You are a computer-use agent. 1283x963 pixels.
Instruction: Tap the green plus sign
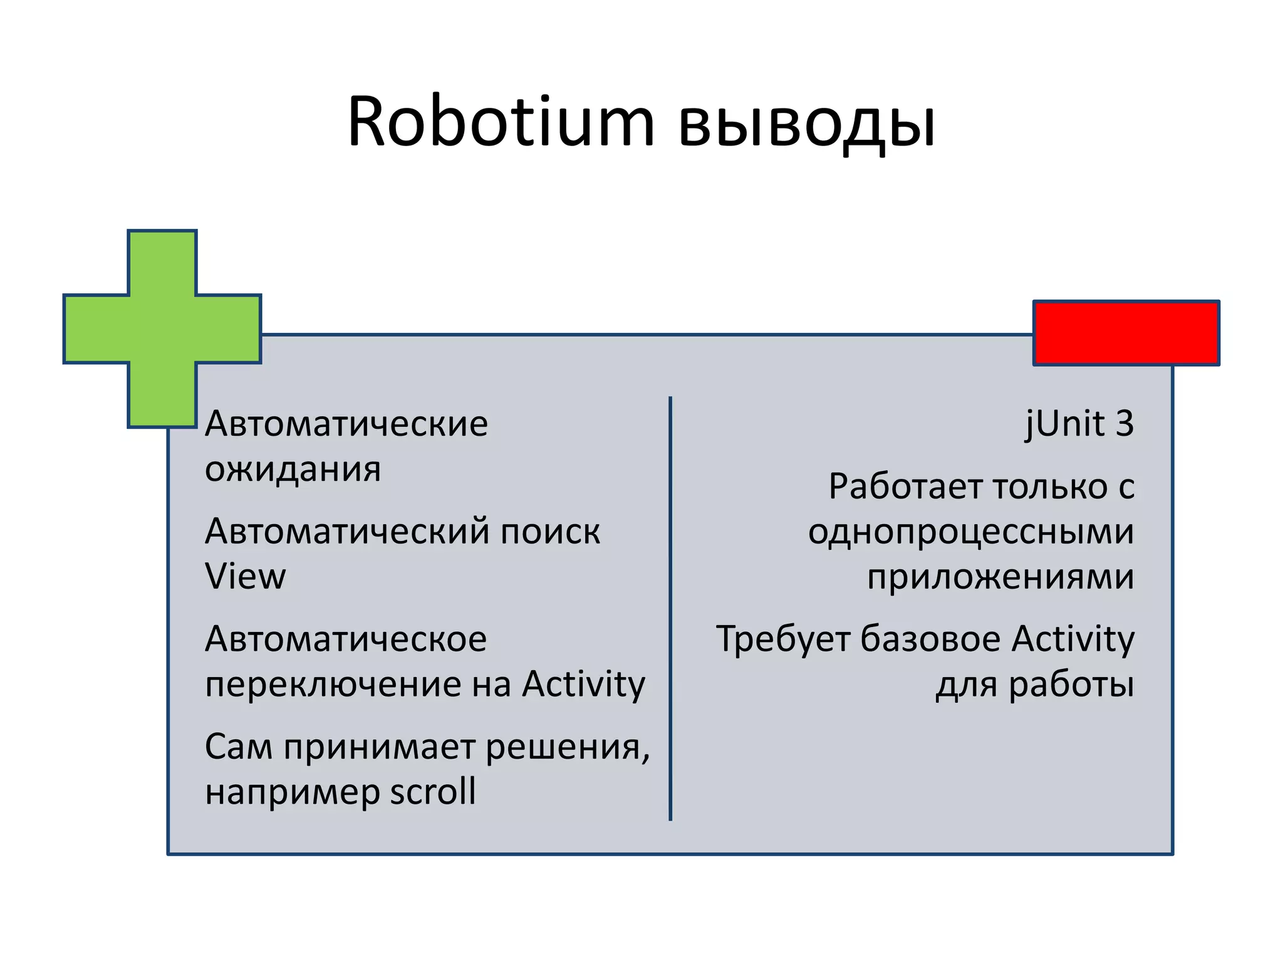(162, 329)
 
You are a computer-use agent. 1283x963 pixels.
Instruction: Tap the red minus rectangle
(1126, 333)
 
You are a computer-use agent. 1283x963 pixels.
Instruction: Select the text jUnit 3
(1079, 424)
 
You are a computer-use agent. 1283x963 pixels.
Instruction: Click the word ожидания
(293, 470)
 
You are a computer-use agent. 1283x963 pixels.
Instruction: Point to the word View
(245, 577)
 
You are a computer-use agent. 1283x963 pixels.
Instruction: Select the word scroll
(433, 792)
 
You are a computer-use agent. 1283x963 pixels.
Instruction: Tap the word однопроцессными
(970, 533)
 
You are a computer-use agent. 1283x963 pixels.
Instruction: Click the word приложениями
(1000, 577)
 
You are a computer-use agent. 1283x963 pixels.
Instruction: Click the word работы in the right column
(1071, 685)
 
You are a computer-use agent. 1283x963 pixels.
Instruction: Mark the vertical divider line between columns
(670, 608)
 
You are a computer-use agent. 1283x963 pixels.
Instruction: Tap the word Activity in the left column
(583, 685)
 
